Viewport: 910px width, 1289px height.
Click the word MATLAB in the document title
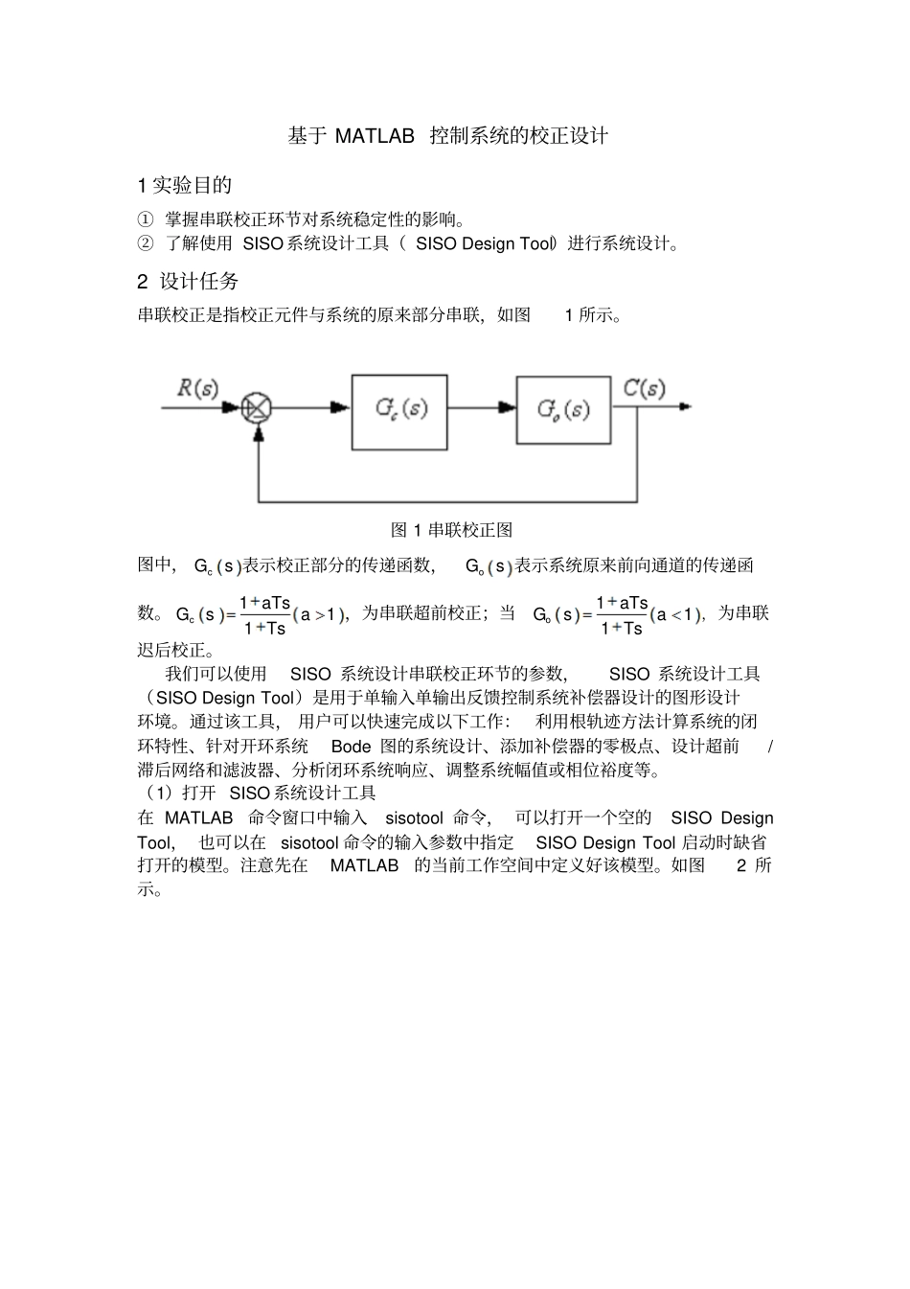(375, 136)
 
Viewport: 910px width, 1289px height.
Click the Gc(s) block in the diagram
(399, 411)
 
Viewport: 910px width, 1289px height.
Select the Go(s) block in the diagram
(563, 410)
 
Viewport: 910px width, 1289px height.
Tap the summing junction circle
(257, 407)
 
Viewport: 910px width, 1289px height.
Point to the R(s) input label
(198, 388)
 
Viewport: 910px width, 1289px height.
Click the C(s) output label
(644, 388)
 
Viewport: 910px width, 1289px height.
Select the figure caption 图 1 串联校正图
(451, 530)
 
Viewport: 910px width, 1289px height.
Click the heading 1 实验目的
(185, 185)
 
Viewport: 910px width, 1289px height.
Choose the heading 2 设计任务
(188, 281)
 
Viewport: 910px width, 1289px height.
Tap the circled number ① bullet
(145, 219)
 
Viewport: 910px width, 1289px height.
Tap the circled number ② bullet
(145, 243)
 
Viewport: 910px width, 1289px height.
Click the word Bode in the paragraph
(351, 746)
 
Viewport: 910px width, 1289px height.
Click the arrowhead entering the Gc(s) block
(342, 407)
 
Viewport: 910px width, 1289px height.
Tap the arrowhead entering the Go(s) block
(507, 407)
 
